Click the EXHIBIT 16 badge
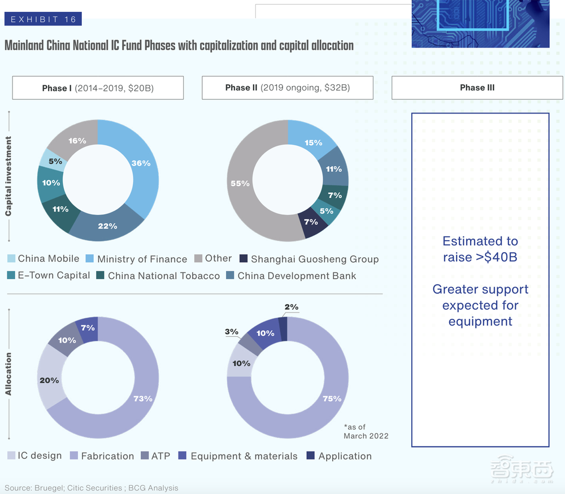click(x=43, y=19)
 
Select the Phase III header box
click(x=477, y=88)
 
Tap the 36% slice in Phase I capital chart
click(x=141, y=163)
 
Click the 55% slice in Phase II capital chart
click(x=240, y=184)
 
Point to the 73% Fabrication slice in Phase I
click(x=142, y=398)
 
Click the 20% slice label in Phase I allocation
click(x=49, y=380)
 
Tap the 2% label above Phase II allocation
click(x=292, y=307)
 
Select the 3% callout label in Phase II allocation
click(x=232, y=332)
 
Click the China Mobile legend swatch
click(x=12, y=259)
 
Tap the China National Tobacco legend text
click(x=164, y=276)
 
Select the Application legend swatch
click(x=310, y=456)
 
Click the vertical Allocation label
click(x=8, y=374)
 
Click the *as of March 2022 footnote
click(x=366, y=431)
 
